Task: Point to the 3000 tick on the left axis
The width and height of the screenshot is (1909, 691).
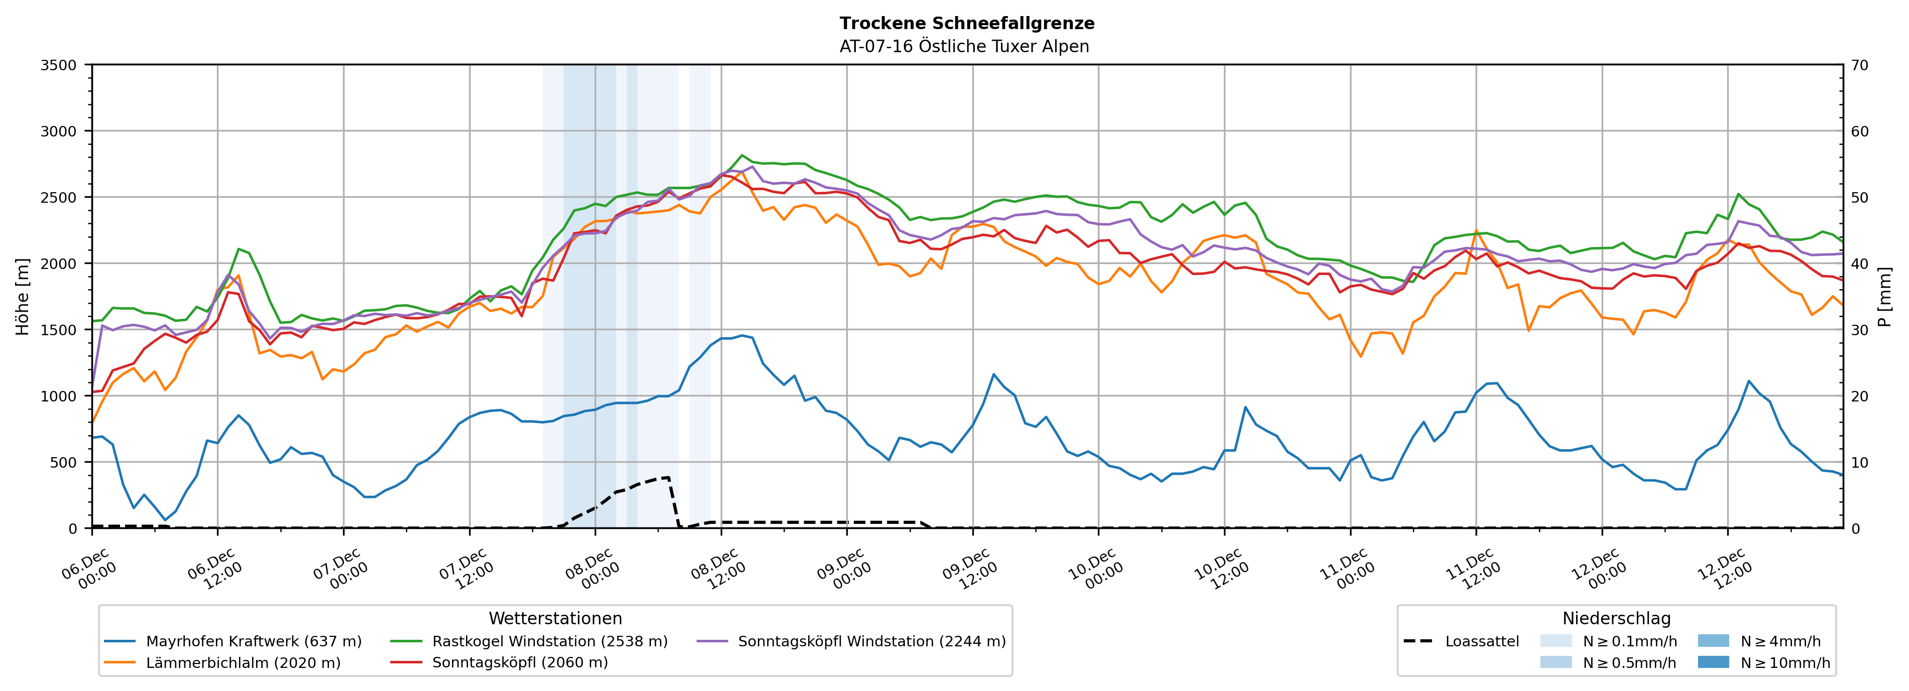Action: [x=58, y=131]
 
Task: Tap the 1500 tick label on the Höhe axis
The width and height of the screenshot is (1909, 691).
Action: [x=58, y=330]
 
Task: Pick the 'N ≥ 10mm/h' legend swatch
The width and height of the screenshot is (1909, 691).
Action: [x=1713, y=662]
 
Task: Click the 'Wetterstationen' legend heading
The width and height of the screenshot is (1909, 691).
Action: [x=555, y=618]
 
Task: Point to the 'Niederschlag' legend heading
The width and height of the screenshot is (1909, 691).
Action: [x=1616, y=618]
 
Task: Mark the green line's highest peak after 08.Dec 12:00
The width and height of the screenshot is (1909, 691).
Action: [x=742, y=156]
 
